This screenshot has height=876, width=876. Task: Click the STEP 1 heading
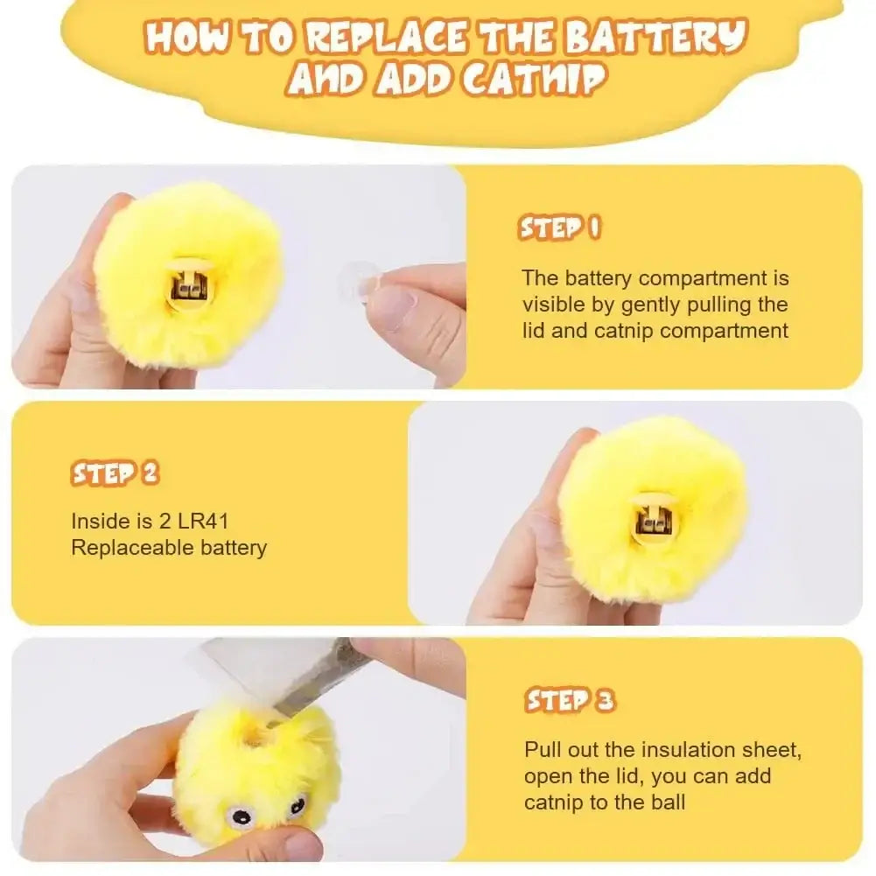point(561,228)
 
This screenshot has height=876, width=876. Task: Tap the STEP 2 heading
point(115,473)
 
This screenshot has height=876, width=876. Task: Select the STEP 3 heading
point(570,700)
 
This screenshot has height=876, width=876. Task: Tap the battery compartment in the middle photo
point(652,522)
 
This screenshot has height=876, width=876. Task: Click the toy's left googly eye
point(238,817)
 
